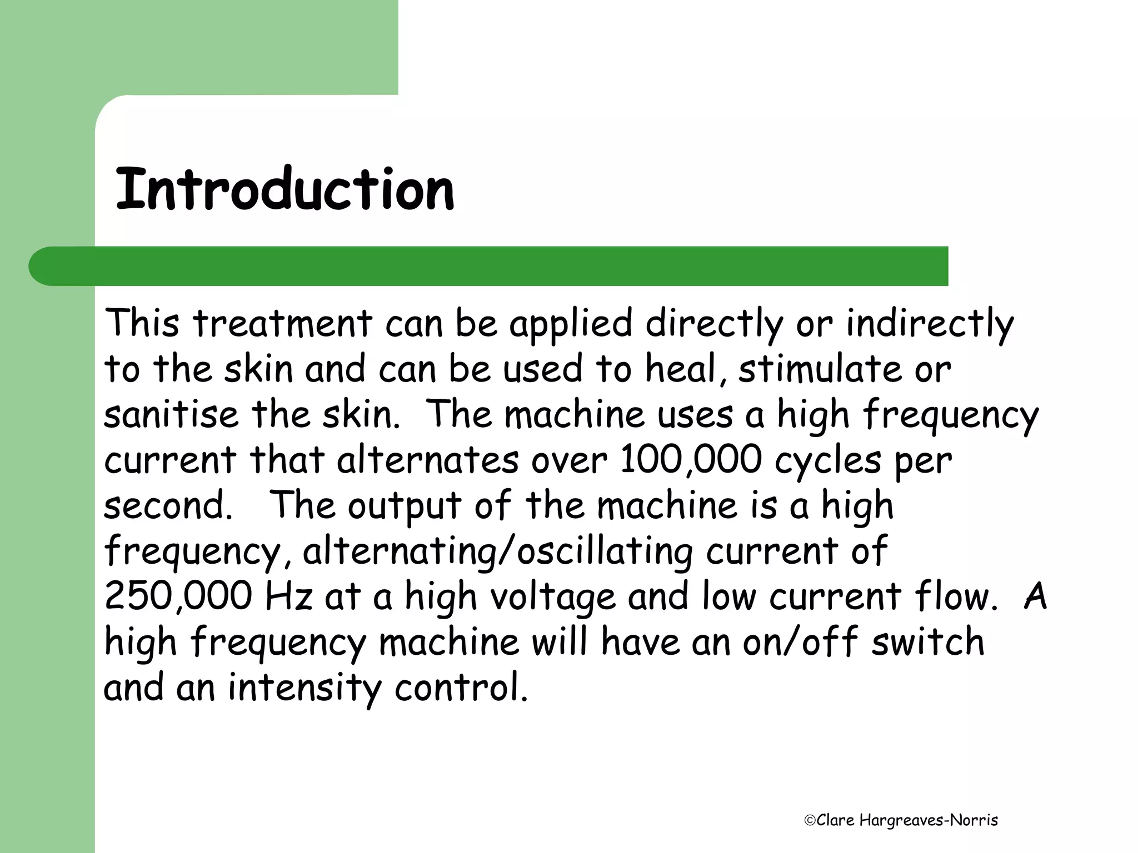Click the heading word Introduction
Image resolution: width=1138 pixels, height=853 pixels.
point(284,189)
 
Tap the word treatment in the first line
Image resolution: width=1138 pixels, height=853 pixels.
point(282,324)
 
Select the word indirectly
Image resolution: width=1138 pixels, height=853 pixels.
point(930,324)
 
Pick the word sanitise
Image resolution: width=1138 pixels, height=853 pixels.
point(171,415)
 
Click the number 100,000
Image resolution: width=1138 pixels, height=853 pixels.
point(691,460)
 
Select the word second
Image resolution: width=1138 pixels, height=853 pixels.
point(167,506)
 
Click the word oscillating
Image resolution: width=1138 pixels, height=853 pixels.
point(605,551)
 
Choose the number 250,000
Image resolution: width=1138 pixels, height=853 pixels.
point(178,596)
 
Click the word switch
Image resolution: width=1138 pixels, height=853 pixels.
point(927,641)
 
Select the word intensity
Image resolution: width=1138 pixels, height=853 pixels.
point(305,688)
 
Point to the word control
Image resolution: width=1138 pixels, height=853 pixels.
point(461,688)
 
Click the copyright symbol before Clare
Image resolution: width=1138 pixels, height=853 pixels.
point(810,820)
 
